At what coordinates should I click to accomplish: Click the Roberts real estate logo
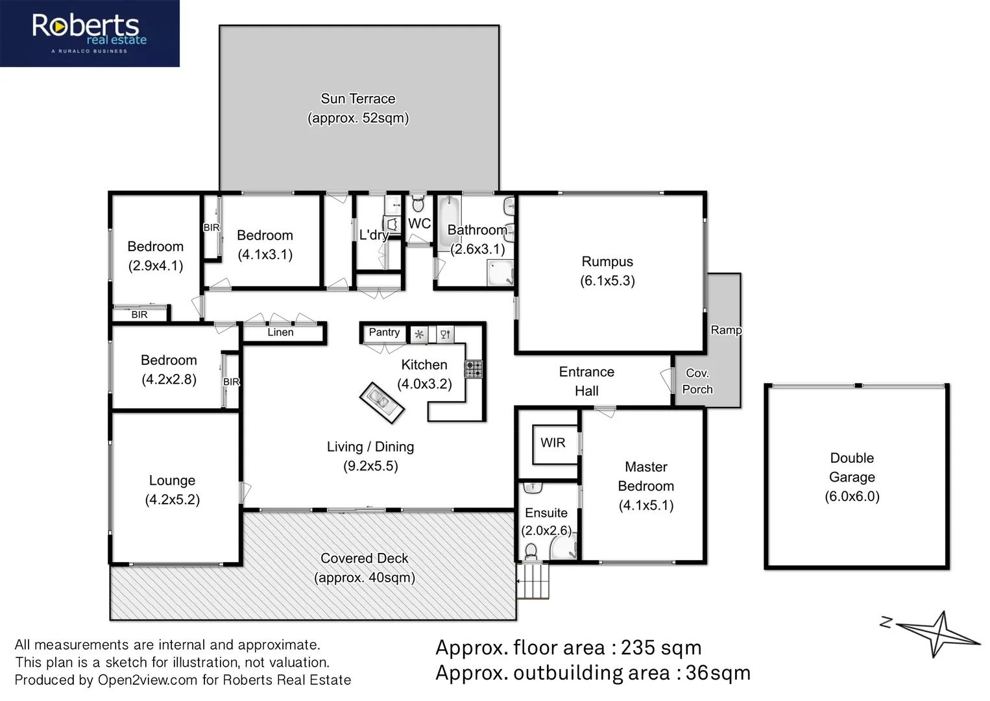click(90, 32)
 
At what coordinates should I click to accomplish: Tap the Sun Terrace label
click(357, 99)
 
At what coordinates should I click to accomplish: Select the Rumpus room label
click(607, 262)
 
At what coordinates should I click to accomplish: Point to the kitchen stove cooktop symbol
click(474, 369)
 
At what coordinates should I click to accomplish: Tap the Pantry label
click(384, 332)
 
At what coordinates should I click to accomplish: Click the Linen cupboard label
click(280, 332)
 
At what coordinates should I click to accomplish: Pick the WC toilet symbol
click(418, 204)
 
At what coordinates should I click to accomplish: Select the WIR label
click(553, 443)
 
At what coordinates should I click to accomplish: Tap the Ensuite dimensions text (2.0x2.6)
click(546, 530)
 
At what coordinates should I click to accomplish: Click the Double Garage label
click(852, 467)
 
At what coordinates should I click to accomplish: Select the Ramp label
click(726, 330)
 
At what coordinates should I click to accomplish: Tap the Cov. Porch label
click(697, 381)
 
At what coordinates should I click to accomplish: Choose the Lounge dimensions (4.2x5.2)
click(172, 500)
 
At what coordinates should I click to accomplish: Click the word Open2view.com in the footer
click(147, 680)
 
